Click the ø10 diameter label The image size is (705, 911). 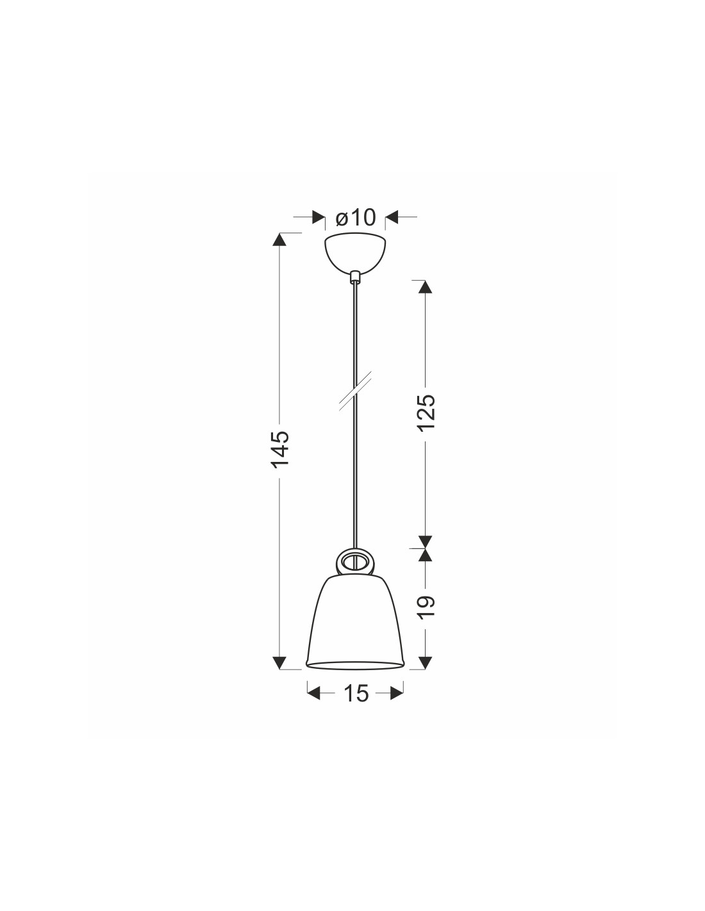click(356, 217)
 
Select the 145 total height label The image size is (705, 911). click(279, 448)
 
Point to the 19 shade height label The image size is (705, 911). click(426, 607)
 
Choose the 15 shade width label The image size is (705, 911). click(356, 693)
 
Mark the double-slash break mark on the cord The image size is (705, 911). click(355, 390)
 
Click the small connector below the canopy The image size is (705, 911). click(355, 277)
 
